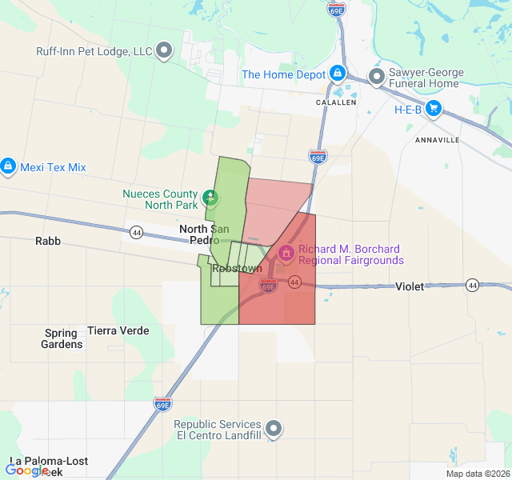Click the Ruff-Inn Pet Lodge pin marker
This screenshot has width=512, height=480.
coord(164,51)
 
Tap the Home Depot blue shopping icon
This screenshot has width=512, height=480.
coord(337,74)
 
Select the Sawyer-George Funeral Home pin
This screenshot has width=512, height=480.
coord(376,77)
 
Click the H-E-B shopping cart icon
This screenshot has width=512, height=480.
coord(434,109)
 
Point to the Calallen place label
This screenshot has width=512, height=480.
coord(336,102)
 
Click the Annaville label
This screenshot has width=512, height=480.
coord(438,139)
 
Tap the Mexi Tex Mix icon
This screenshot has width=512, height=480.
coord(8,166)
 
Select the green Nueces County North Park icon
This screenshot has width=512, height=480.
coord(210,195)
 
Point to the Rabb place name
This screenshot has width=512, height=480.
coord(47,241)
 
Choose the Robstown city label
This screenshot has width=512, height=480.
coord(238,269)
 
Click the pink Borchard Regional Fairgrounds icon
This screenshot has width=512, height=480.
coord(285,254)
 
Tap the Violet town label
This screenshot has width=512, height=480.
coord(410,286)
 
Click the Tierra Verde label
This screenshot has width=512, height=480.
coord(118,330)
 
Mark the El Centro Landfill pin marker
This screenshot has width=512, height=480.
coord(274,429)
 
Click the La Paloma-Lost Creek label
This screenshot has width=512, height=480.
coord(48,462)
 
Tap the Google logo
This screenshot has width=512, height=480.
coord(26,470)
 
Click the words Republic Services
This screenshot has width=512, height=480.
coord(217,424)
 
